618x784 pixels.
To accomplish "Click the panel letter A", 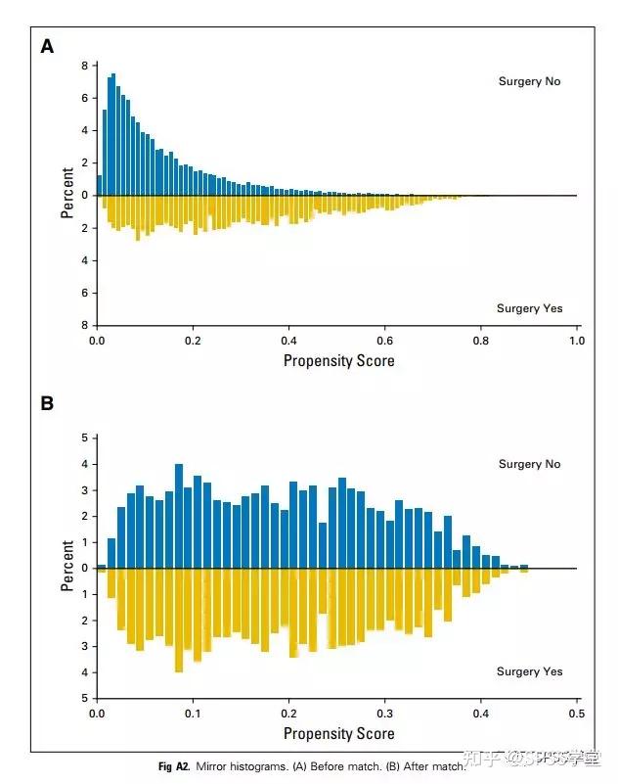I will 47,46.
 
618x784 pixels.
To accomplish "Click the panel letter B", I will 47,403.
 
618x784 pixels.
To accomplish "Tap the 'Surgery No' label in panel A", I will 529,81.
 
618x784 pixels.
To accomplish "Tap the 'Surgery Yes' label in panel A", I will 529,308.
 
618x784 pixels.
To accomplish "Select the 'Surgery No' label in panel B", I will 529,464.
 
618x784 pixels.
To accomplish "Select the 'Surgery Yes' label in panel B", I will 531,671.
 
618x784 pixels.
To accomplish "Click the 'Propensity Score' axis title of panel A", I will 338,361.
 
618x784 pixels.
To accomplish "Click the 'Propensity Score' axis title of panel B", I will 338,733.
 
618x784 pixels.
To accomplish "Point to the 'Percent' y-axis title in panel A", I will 67,193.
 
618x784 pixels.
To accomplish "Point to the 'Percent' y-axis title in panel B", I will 67,567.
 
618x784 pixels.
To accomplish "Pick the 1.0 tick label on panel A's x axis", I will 576,341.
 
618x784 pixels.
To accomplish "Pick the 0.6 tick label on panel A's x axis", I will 384,341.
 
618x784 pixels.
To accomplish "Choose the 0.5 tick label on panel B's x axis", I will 576,715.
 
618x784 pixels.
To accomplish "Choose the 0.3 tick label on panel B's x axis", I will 384,715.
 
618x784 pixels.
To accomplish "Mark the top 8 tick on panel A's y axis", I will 85,66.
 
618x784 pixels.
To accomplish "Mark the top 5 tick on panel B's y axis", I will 85,438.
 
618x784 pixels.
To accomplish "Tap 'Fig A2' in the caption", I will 173,766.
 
